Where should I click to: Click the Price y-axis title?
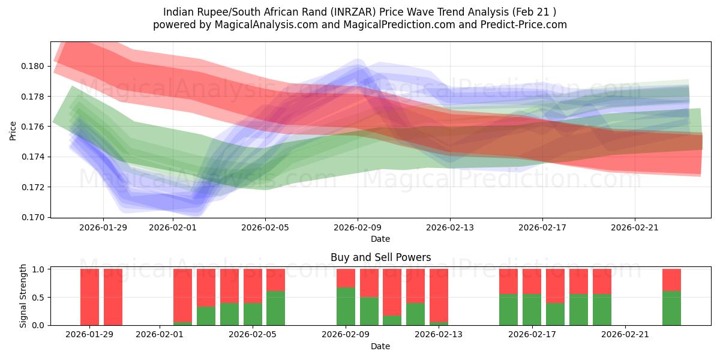[13, 130]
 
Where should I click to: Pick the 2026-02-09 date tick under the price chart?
[358, 227]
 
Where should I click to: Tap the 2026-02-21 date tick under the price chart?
[635, 227]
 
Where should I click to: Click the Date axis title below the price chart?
[380, 239]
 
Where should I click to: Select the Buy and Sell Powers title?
[380, 257]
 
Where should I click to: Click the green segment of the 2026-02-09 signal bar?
[346, 306]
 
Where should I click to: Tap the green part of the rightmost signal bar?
[671, 308]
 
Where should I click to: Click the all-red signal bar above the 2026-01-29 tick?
[89, 297]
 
